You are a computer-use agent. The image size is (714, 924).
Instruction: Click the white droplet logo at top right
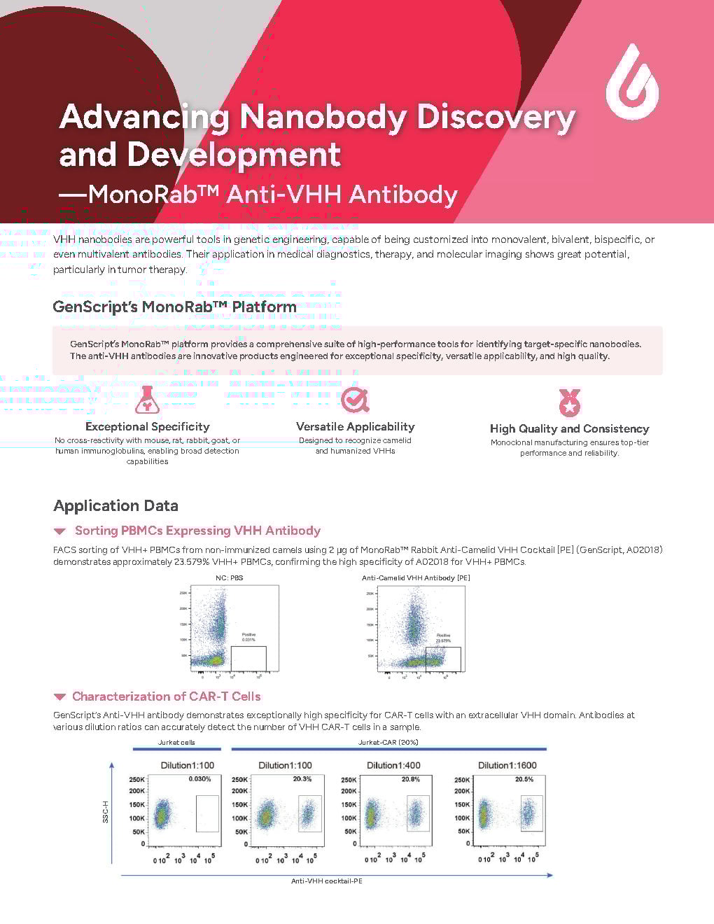pos(632,82)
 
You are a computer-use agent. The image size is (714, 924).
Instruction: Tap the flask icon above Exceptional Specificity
pos(147,400)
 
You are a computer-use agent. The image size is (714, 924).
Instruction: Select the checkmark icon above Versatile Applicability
pos(355,400)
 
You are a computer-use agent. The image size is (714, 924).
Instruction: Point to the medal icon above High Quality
pos(569,402)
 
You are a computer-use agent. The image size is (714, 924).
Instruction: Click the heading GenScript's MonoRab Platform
pos(174,307)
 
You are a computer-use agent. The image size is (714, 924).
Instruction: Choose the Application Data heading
pos(115,505)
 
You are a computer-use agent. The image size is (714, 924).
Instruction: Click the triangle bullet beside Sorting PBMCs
pos(60,531)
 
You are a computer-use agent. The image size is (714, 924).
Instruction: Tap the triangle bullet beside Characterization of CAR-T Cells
pos(60,696)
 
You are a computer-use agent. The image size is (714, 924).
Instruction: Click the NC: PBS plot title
pos(229,577)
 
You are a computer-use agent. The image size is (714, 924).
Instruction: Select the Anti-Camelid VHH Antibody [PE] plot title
pos(416,577)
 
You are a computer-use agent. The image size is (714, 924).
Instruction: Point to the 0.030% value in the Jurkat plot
pos(199,779)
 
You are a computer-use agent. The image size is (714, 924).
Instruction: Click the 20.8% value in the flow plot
pos(411,779)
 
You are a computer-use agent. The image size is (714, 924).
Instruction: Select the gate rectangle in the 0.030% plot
pos(207,813)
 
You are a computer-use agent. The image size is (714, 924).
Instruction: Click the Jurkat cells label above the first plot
pos(176,742)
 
